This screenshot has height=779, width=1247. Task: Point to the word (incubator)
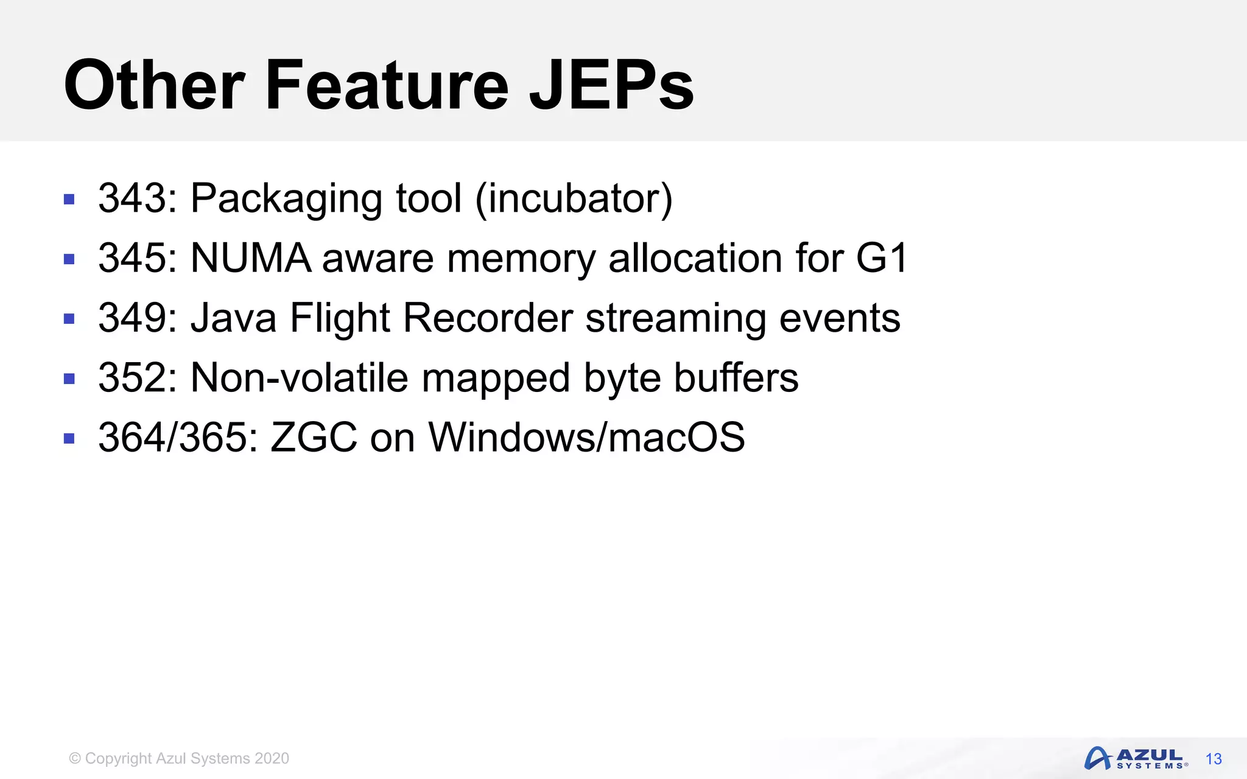574,198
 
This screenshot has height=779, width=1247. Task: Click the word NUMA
251,258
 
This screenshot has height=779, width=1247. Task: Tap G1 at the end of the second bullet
882,258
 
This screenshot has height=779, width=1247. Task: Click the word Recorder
488,318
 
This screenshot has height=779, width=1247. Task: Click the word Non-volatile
299,378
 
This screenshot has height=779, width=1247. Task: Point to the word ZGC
314,437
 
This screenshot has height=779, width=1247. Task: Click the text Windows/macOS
586,437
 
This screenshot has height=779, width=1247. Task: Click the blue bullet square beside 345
69,259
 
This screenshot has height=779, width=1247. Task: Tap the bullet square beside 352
69,379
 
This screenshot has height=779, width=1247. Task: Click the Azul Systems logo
1135,758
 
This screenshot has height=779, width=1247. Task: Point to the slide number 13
1214,759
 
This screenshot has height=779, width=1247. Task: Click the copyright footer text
179,758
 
